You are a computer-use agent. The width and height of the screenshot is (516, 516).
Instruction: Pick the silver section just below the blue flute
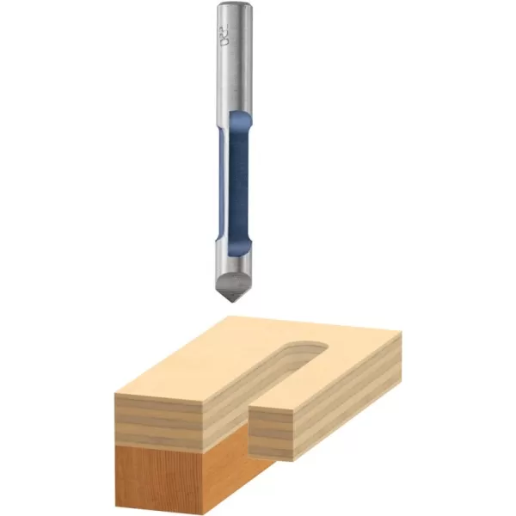[234, 262]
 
